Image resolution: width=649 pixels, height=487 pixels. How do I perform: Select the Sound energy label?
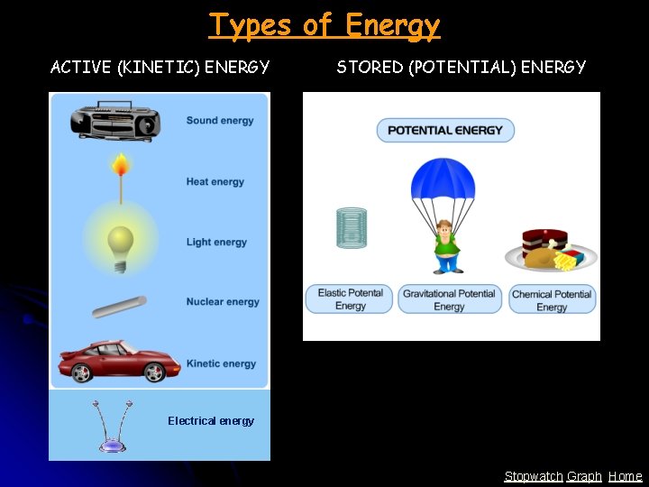coord(220,121)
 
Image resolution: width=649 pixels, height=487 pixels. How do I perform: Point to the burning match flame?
coord(119,166)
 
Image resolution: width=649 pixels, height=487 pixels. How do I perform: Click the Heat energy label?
coord(215,182)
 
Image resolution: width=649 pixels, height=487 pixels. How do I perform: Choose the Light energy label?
coord(216,242)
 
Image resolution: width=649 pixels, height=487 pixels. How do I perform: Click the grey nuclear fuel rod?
coord(119,306)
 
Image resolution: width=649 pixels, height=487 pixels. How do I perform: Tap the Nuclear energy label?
coord(223,302)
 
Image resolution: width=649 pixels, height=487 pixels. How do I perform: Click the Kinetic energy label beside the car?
coord(221,363)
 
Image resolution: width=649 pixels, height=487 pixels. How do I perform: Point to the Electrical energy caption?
coord(211,421)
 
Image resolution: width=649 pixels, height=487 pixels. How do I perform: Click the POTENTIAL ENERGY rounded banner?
coord(445,130)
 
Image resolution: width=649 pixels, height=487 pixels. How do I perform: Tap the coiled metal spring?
coord(352,227)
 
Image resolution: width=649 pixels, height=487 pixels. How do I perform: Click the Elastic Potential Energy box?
coord(351,299)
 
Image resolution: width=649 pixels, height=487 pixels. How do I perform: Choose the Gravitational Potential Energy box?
coord(449,299)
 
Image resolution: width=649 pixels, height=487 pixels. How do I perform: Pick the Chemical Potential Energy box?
coord(552,300)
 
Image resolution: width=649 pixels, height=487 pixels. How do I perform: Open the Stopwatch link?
coord(533,476)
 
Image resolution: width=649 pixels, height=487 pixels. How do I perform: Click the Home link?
coord(626,476)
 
